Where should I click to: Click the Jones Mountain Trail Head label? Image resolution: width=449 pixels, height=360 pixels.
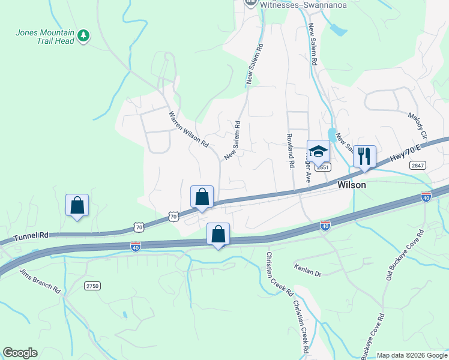tap(44, 37)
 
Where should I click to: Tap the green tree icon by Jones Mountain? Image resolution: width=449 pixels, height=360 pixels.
tap(84, 36)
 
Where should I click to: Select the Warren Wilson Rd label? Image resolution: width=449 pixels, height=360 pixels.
tap(188, 129)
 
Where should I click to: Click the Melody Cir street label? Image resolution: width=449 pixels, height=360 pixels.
tap(416, 125)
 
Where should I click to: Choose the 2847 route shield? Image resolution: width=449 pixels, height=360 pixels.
tap(418, 165)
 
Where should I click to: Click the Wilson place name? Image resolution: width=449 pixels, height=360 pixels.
tap(352, 185)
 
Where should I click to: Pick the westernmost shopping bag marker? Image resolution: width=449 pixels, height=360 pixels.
tap(77, 206)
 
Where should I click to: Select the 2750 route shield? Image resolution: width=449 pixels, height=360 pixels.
tap(92, 286)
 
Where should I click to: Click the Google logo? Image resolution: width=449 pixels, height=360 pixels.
tap(20, 353)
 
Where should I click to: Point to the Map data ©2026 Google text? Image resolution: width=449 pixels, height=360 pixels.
tap(411, 355)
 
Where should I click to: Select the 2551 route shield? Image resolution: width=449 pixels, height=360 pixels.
tap(323, 167)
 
